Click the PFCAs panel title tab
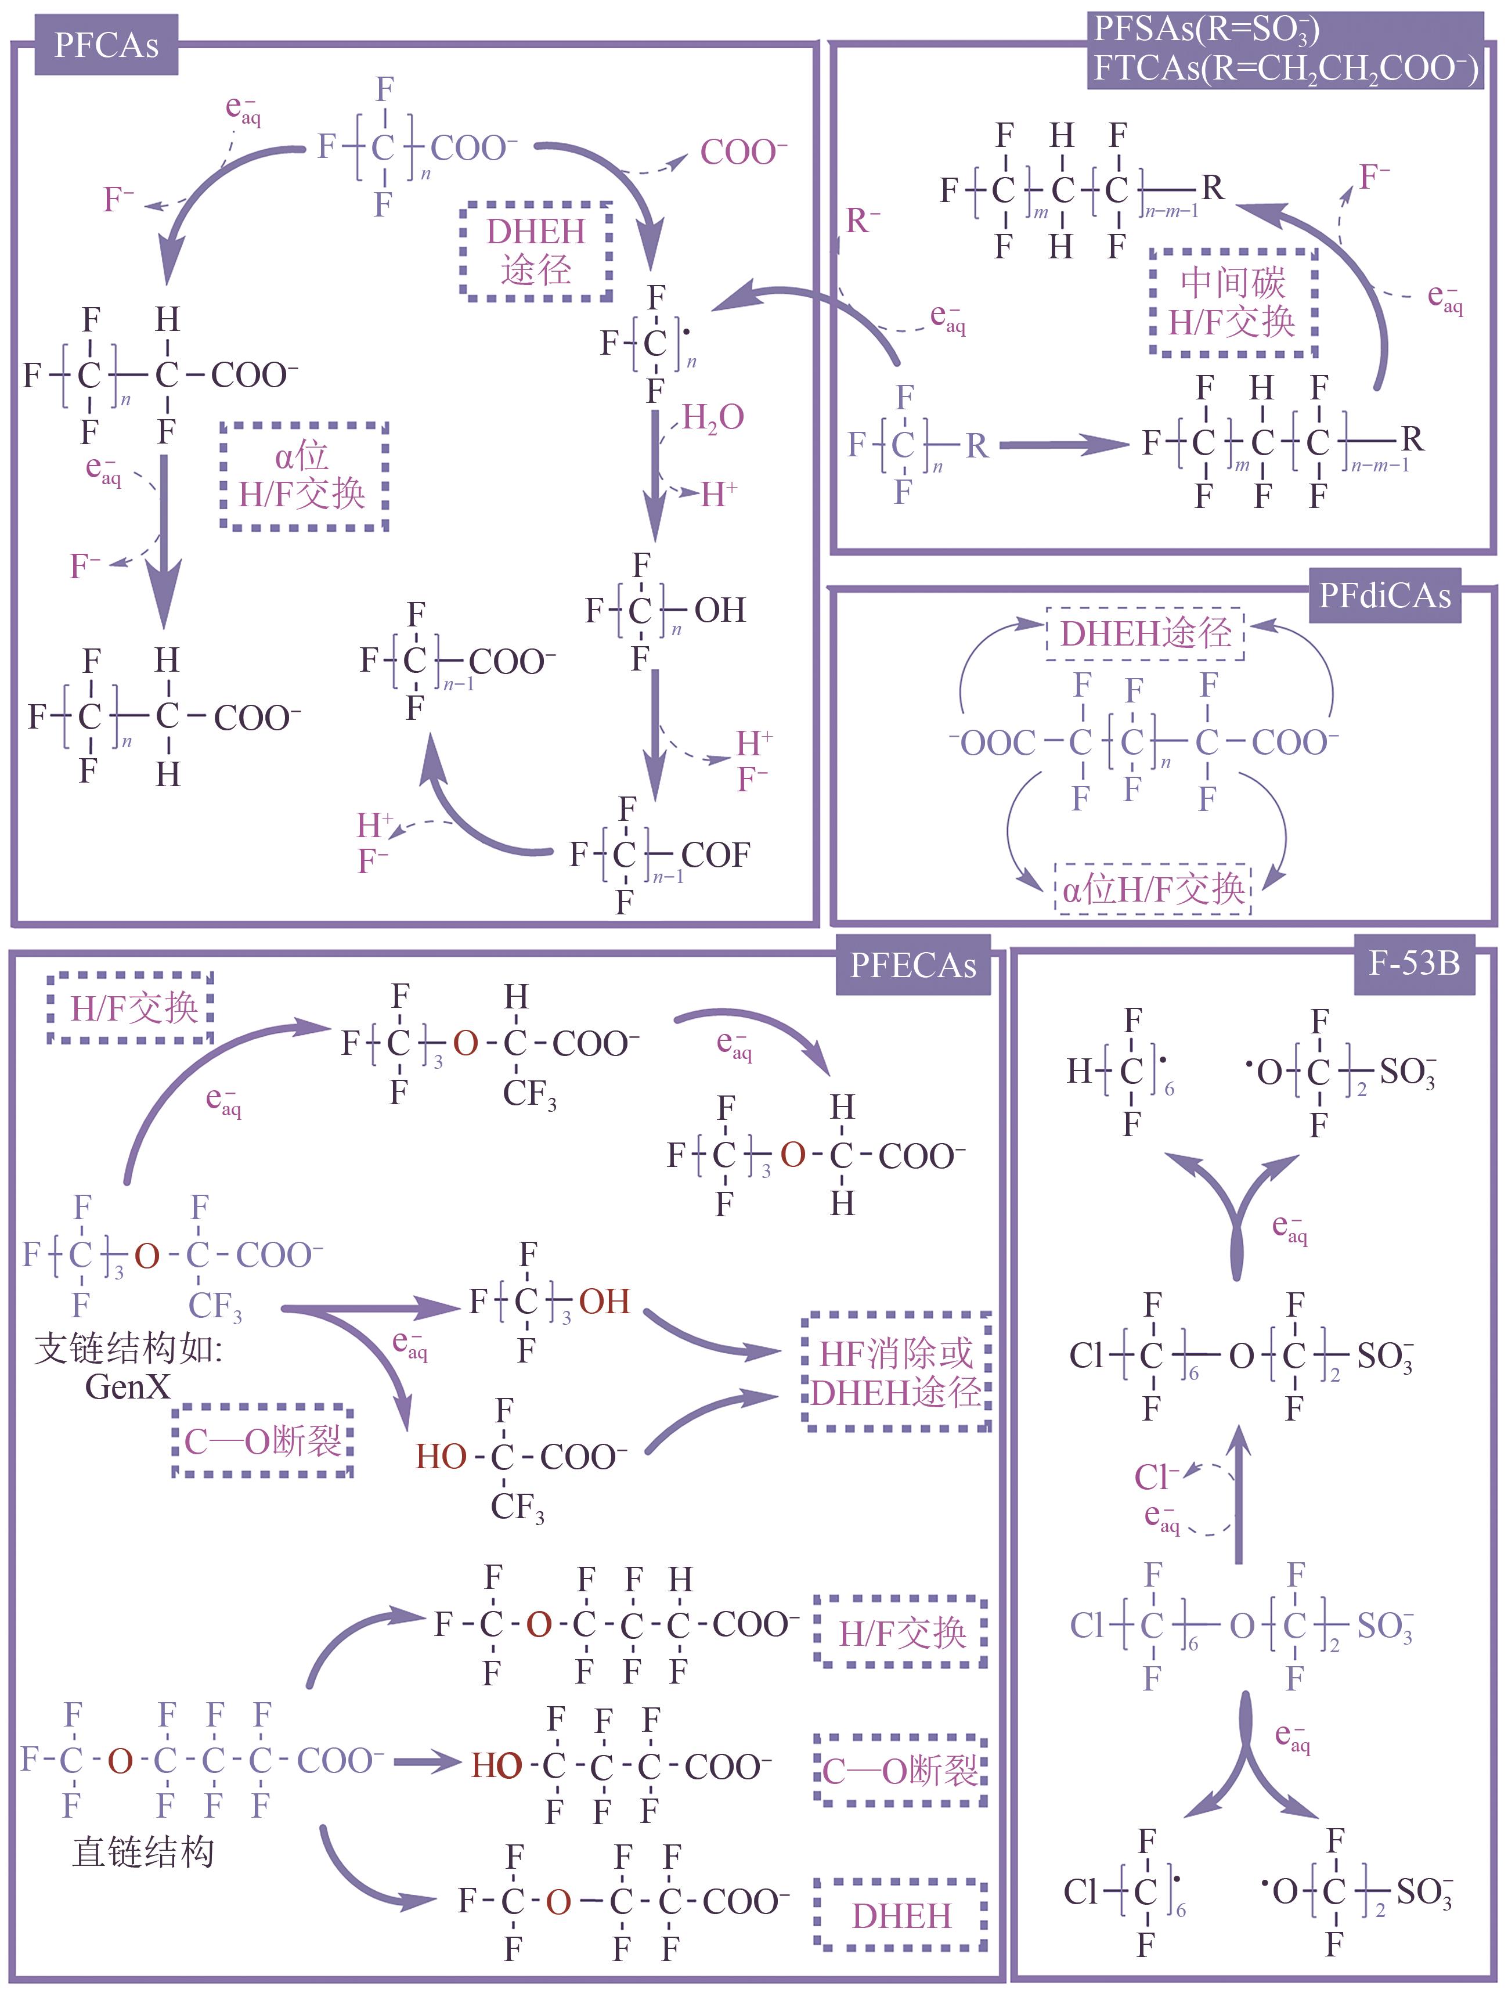(x=106, y=45)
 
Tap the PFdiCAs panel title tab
(x=1384, y=596)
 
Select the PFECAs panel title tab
(x=912, y=965)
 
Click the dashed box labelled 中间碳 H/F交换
(x=1232, y=302)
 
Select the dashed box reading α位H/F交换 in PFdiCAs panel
(x=1153, y=889)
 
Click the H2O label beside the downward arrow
(x=713, y=417)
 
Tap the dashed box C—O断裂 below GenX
(x=262, y=1441)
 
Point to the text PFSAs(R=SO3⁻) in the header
(x=1206, y=30)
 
